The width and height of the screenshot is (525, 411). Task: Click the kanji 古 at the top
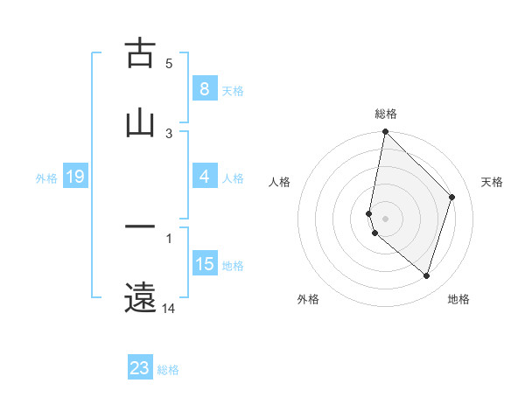tap(140, 53)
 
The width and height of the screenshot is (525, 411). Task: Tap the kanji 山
tap(140, 123)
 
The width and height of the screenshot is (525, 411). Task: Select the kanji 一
tap(140, 228)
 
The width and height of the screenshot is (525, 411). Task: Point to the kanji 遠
tap(140, 297)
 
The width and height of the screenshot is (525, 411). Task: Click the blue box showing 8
tap(204, 89)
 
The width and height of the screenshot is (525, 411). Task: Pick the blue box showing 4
tap(204, 177)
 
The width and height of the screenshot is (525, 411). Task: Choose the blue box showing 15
tap(204, 264)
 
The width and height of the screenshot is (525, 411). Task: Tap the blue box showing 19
tap(74, 177)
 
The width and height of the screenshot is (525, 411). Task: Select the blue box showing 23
tap(140, 368)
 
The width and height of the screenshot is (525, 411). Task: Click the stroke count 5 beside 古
tap(169, 63)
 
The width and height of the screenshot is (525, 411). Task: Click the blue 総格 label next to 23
tap(168, 370)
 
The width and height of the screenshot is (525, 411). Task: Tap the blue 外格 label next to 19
tap(46, 178)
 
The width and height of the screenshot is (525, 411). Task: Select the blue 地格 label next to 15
tap(233, 266)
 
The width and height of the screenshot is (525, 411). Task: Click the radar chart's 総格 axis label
tap(385, 114)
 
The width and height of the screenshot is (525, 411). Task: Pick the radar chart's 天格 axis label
tap(492, 182)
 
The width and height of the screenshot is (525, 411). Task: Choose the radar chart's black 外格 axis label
tap(308, 299)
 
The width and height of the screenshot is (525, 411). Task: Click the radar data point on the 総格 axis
tap(385, 132)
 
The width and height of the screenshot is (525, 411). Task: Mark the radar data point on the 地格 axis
tap(426, 275)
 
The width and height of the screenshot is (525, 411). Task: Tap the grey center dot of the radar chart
tap(385, 218)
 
